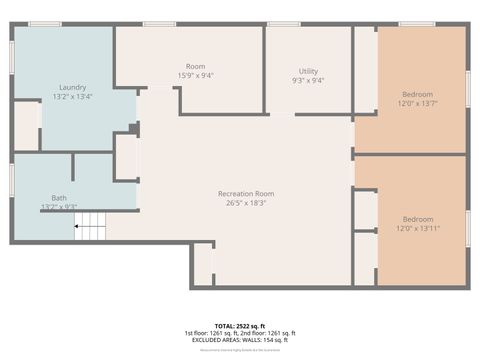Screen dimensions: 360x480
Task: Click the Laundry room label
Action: [71, 87]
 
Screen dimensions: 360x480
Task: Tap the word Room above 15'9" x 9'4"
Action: [195, 66]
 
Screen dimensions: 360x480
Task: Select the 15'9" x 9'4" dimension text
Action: [195, 75]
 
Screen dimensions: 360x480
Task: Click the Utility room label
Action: [308, 71]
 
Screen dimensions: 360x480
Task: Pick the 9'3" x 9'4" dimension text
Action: [308, 81]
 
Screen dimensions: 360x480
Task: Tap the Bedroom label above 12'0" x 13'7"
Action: [419, 94]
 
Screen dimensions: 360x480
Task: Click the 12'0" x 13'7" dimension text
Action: [419, 103]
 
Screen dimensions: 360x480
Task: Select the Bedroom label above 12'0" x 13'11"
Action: [419, 219]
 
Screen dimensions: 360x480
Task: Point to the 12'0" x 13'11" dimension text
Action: [419, 229]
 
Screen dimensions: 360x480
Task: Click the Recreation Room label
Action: [246, 193]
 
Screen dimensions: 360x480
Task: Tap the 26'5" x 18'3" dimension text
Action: [246, 203]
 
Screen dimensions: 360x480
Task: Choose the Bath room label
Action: [59, 198]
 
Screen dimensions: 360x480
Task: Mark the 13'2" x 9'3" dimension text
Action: [59, 207]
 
